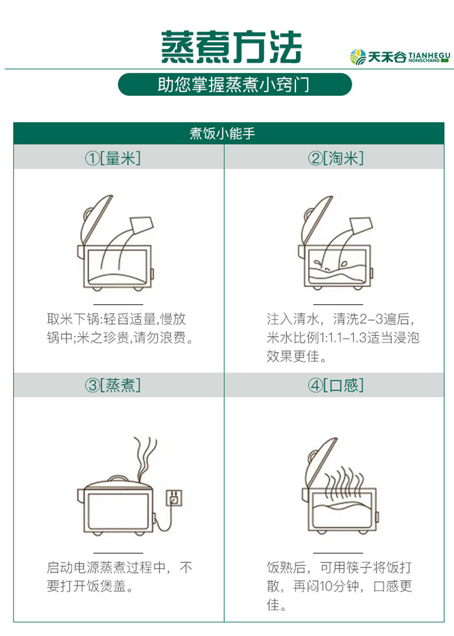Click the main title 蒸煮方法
tap(230, 47)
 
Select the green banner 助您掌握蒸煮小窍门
tap(234, 84)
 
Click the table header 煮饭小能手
tap(229, 134)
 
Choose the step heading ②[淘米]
tap(336, 158)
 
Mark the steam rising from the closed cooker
tap(144, 456)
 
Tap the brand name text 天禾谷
tap(387, 56)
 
